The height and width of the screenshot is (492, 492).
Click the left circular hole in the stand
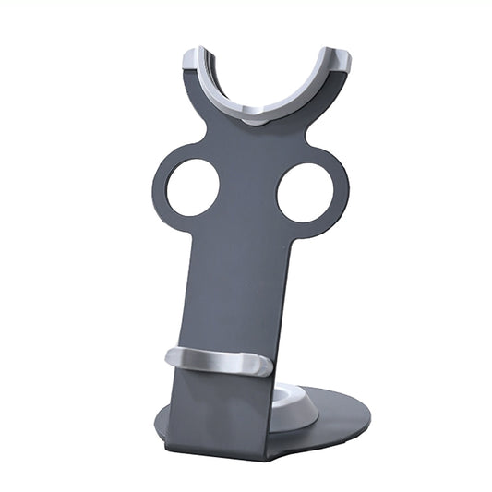tap(192, 187)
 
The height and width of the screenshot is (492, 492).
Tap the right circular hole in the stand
tap(305, 193)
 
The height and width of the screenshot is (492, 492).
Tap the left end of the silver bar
tap(173, 358)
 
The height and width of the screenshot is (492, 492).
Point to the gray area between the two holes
tap(247, 189)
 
